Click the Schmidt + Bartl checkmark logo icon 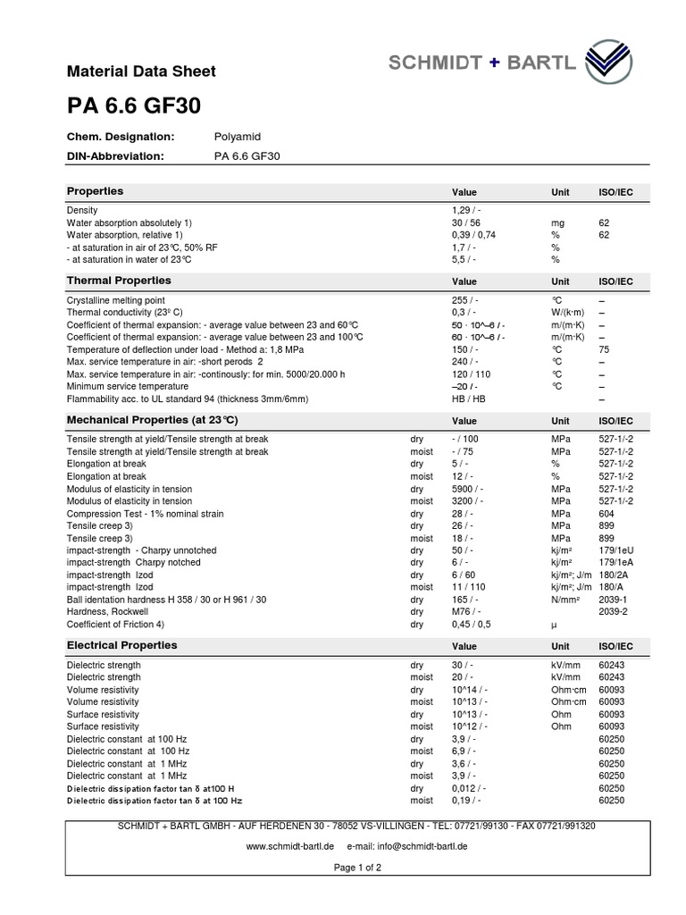pos(612,63)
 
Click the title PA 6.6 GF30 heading pos(134,105)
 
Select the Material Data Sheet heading pos(141,71)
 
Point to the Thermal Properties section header pos(119,281)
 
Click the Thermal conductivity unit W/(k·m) pos(569,313)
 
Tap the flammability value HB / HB pos(469,399)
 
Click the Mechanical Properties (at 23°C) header pos(153,420)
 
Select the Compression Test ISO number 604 pos(606,515)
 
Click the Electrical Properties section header pos(122,645)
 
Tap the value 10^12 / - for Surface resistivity pos(470,726)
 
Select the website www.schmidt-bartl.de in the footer pos(289,844)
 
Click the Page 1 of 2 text pos(357,868)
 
